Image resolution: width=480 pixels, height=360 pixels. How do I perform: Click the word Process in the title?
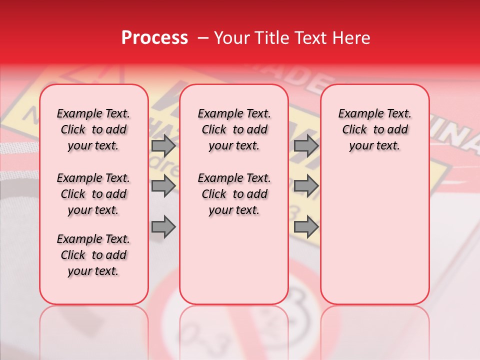click(154, 38)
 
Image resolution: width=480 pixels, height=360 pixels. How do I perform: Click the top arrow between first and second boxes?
click(163, 145)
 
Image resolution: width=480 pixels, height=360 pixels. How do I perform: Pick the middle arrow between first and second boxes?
click(163, 186)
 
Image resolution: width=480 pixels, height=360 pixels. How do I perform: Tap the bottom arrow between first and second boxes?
click(163, 227)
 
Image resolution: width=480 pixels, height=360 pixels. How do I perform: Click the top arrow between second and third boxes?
click(306, 145)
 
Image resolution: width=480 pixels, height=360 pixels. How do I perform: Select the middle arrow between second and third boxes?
click(306, 186)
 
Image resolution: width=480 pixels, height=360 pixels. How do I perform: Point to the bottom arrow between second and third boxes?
click(306, 227)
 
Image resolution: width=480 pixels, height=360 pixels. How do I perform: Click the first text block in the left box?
click(93, 129)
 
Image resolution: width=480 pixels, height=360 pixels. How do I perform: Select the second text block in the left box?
click(93, 194)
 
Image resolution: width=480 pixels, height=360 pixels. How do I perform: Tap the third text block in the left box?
click(93, 255)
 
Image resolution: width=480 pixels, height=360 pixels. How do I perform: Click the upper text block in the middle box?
click(234, 129)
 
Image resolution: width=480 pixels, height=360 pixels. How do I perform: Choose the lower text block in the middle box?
click(234, 194)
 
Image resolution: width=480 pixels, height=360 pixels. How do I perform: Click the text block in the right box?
click(375, 129)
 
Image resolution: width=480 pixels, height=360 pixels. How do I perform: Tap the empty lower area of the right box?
click(375, 235)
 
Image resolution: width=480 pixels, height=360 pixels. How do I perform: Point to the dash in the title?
click(203, 38)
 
